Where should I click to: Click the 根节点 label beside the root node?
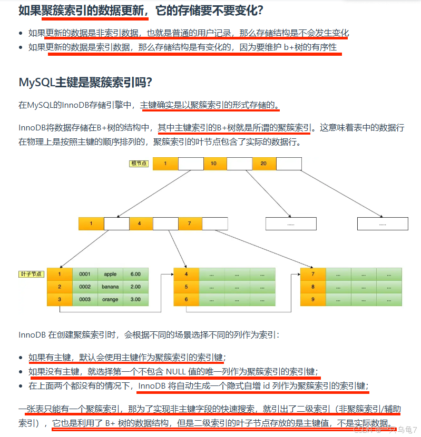139,164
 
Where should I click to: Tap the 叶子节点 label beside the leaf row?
32,275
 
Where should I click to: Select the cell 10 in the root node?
213,164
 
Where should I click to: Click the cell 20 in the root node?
263,164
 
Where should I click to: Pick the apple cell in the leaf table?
110,274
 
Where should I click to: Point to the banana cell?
110,287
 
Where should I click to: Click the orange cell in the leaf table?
110,299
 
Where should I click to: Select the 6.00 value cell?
135,274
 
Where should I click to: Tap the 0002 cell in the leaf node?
85,287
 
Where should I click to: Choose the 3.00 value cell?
135,299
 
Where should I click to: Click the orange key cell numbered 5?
187,287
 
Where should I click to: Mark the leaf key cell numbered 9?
313,299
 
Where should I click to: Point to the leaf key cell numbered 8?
313,287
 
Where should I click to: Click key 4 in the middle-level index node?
139,223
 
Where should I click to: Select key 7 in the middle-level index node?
189,223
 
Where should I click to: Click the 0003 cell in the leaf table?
85,299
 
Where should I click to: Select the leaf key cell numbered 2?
60,287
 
